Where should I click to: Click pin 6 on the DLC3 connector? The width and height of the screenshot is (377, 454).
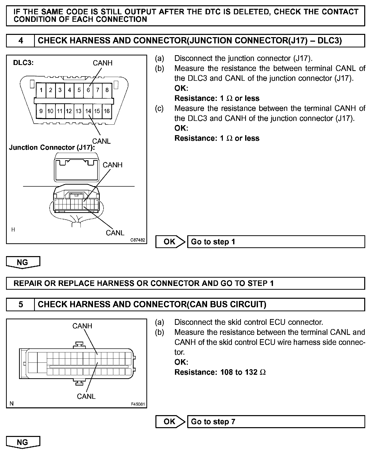point(88,90)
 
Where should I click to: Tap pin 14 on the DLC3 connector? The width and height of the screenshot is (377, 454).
point(88,111)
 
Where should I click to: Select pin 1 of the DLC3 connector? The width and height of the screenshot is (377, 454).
point(41,90)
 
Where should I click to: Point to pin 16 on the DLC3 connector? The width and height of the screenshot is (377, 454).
point(107,111)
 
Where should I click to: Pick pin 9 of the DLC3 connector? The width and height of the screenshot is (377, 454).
point(41,111)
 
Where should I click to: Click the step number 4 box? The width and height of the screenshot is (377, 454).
point(21,41)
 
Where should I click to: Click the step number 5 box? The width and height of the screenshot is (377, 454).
point(21,305)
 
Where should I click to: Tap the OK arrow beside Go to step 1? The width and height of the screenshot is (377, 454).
point(170,242)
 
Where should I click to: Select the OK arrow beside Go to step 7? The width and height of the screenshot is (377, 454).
point(170,422)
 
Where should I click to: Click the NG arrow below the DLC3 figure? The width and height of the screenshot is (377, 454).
point(23,262)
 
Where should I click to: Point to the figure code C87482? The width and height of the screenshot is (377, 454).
point(138,240)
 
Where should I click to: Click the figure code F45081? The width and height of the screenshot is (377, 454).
point(138,404)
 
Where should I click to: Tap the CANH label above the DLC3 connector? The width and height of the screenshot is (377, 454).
point(103,63)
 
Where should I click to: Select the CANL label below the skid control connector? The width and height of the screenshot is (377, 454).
point(86,396)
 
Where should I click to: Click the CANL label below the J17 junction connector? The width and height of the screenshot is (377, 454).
point(115,233)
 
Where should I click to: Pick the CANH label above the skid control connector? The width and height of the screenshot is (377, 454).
point(82,326)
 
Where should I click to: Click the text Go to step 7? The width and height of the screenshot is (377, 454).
point(213,422)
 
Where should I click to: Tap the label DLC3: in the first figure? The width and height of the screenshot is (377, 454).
point(23,63)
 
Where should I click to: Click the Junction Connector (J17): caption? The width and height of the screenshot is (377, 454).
point(52,147)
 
